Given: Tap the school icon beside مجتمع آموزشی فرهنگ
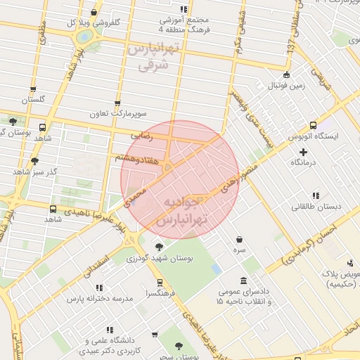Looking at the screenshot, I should point(184,10).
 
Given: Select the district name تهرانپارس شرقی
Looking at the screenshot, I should point(153,57).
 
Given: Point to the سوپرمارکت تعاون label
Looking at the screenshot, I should point(117,113).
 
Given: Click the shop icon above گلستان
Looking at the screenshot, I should point(33,89).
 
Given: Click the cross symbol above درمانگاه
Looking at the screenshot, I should point(304,151).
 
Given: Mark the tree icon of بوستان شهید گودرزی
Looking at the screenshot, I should point(159,247).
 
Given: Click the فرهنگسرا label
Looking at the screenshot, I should point(160,292).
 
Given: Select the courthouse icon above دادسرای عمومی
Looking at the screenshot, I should point(243,281).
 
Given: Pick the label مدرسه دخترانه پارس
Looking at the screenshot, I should point(98,298).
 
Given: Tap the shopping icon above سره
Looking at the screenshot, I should point(240,239).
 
